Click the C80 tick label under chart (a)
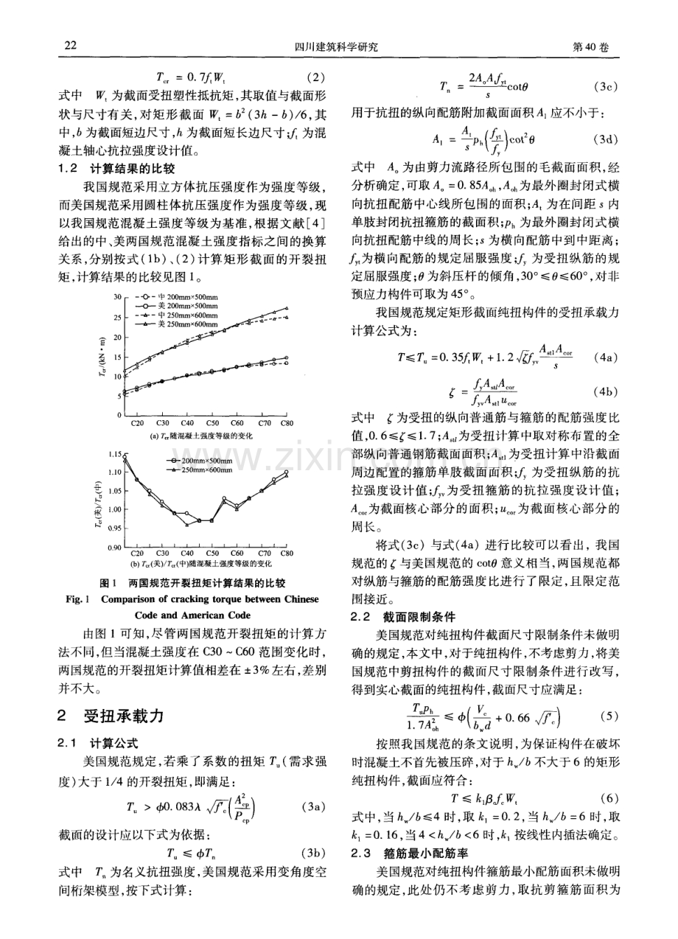point(286,424)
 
